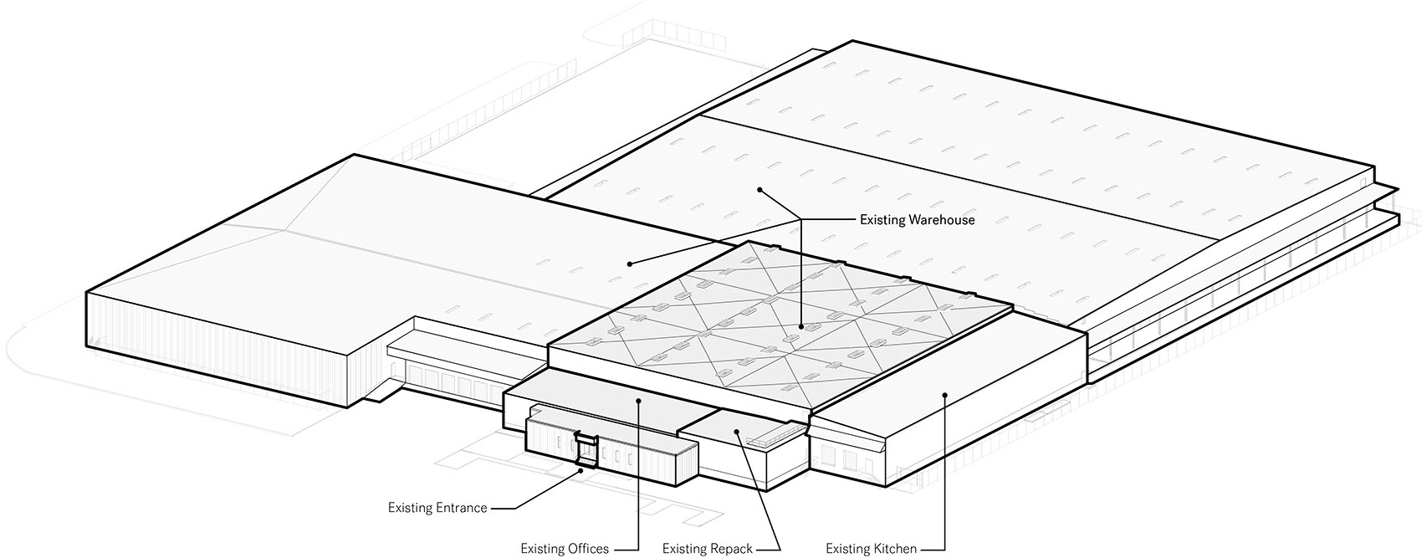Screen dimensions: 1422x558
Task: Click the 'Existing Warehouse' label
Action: coord(917,220)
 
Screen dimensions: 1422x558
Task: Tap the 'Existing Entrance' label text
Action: coord(437,508)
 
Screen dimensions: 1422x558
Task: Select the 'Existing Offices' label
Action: coord(565,549)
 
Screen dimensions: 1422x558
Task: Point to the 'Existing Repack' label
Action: coord(707,549)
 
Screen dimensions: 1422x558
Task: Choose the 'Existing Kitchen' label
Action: coord(871,549)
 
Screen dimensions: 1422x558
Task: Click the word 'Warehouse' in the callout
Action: coord(941,220)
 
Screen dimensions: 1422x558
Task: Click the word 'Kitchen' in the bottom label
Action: coord(894,549)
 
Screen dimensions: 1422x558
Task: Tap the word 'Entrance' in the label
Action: coord(462,508)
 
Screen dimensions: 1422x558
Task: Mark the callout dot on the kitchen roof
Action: coord(944,395)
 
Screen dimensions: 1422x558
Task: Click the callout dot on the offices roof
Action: coord(638,400)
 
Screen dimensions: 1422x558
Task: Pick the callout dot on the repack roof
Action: coord(736,432)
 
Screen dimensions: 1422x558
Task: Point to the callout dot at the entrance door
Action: coord(581,470)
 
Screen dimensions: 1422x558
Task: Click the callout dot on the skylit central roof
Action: coord(802,327)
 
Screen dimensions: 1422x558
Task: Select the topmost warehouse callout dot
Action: coord(760,189)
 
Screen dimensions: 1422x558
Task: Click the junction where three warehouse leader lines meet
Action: coord(801,220)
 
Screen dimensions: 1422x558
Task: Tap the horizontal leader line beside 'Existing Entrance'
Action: coord(502,508)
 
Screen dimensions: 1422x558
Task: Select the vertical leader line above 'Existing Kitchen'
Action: coord(945,472)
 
